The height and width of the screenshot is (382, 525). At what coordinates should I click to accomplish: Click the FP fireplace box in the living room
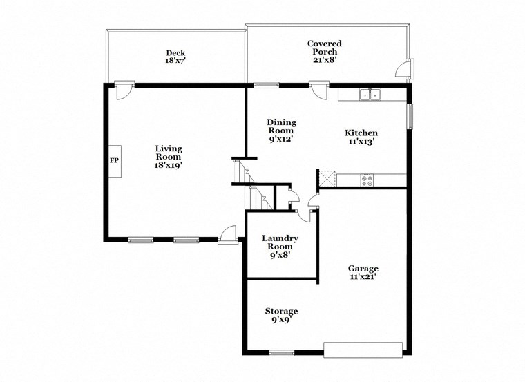(114, 161)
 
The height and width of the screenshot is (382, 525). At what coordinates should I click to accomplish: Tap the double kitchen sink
(371, 95)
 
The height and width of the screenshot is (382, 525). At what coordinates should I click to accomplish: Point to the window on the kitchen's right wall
(410, 116)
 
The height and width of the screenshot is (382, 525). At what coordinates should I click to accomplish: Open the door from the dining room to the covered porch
(318, 90)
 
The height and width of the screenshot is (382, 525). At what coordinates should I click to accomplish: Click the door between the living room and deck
(124, 90)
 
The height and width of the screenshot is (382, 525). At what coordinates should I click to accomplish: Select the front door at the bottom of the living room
(227, 236)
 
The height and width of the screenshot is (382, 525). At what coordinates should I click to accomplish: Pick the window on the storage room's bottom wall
(281, 353)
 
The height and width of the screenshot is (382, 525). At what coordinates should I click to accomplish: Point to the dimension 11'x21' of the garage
(363, 278)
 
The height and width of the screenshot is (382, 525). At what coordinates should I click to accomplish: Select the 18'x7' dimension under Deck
(175, 61)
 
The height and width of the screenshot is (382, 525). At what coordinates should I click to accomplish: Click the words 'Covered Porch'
(324, 47)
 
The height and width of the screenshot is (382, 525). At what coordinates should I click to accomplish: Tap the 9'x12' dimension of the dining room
(281, 138)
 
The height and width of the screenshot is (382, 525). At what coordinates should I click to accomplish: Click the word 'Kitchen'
(361, 133)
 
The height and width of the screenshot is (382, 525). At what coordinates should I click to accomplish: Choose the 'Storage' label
(281, 311)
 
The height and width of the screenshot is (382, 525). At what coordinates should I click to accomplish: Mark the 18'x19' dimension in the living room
(168, 165)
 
